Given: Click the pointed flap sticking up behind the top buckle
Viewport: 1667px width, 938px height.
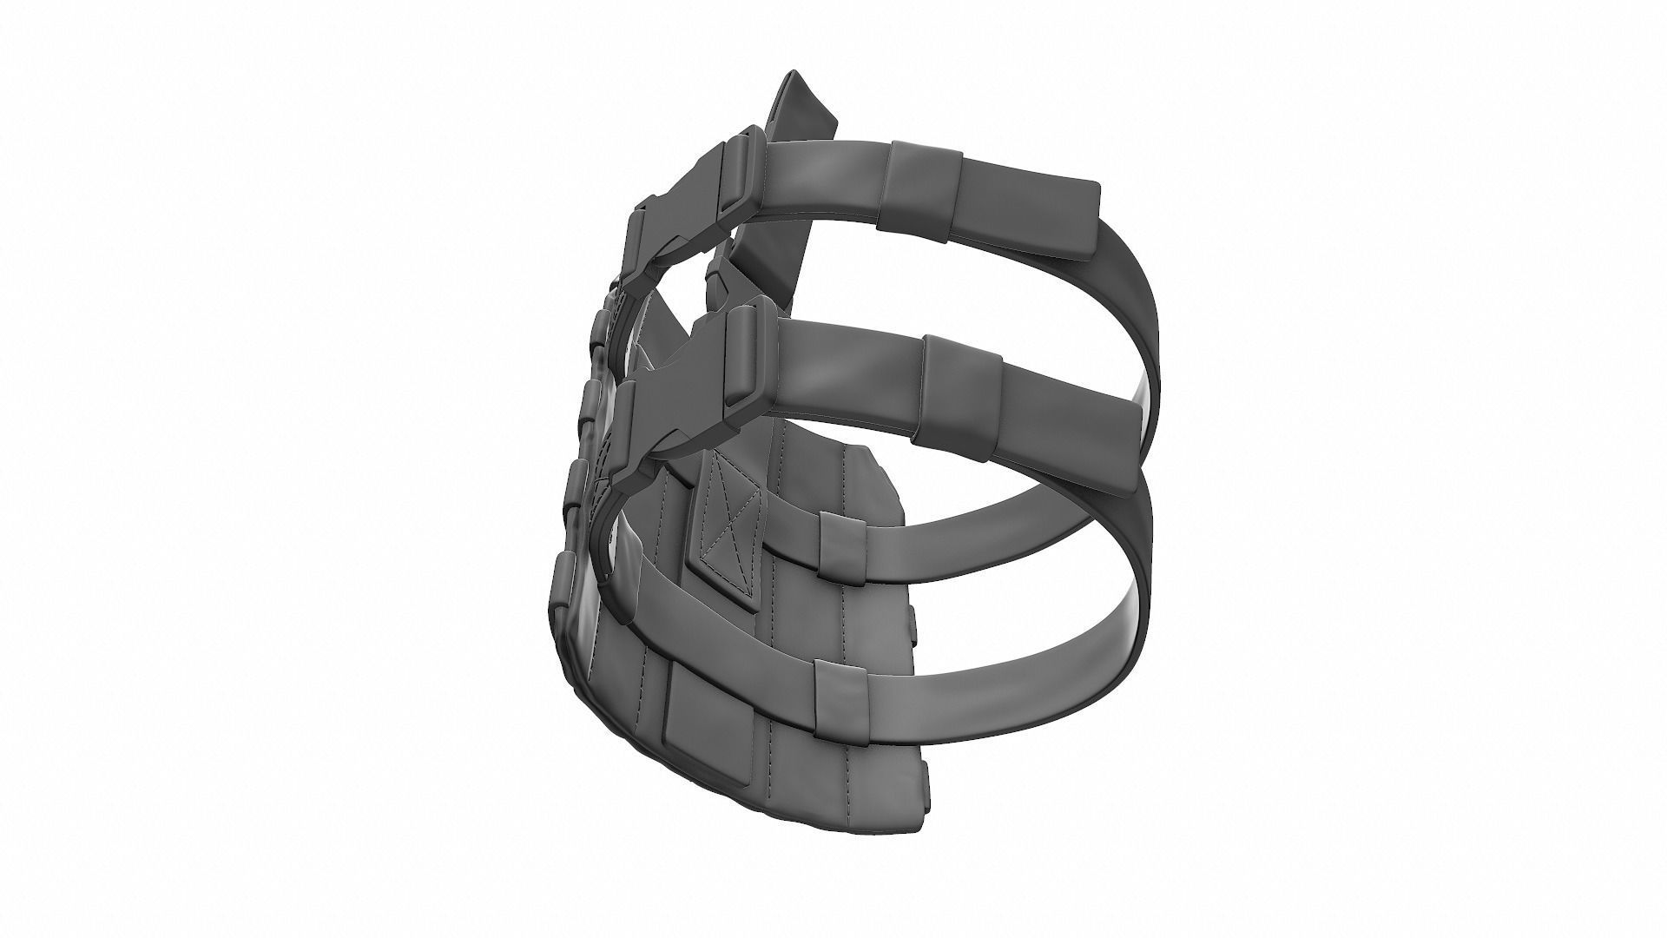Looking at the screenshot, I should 803,113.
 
